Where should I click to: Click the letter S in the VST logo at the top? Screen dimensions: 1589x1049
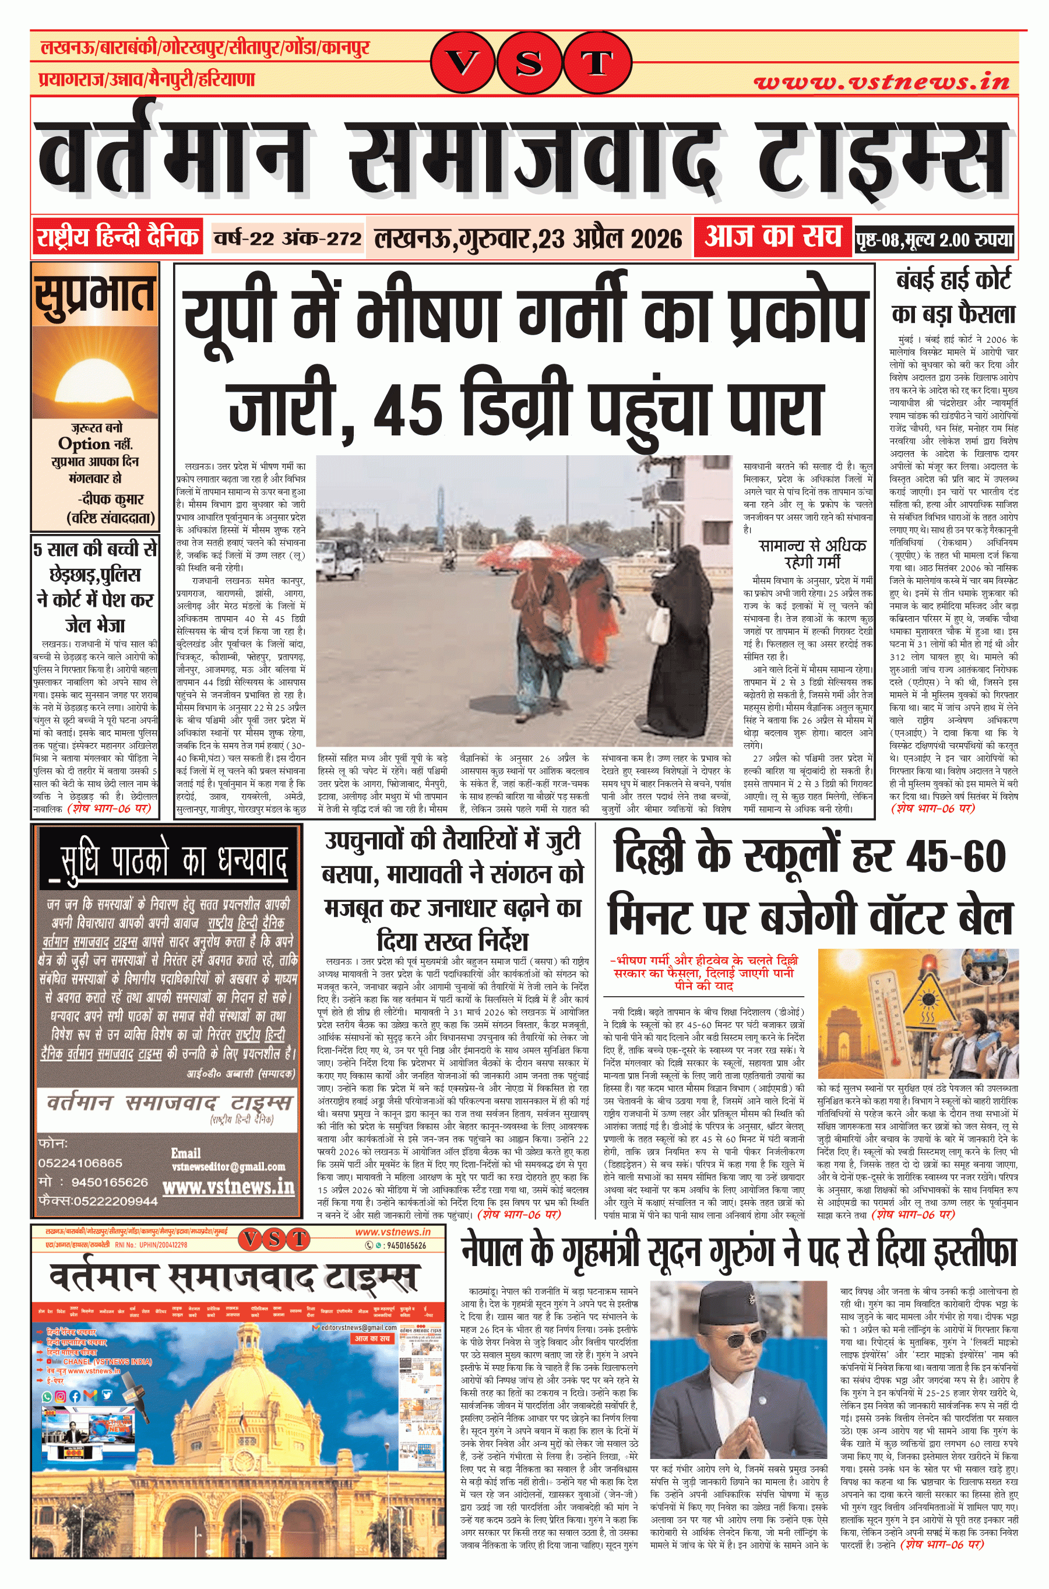pos(529,64)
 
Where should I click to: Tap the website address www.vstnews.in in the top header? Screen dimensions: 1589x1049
pos(881,82)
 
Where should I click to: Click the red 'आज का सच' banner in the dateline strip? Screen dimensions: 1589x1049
pos(772,237)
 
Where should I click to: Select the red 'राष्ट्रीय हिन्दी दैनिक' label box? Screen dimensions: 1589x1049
pos(117,237)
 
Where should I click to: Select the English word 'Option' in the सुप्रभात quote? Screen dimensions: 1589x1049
pos(83,444)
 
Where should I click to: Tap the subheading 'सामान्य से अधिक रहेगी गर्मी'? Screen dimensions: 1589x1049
pos(811,553)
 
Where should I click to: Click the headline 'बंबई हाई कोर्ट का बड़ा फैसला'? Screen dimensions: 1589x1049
pos(953,296)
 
